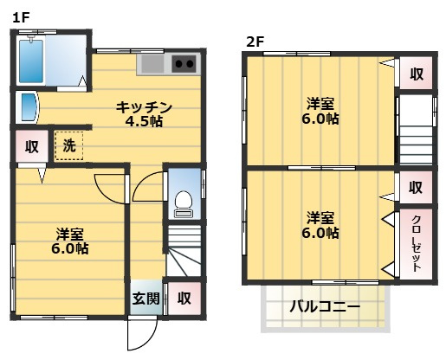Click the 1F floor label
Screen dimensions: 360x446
click(21, 16)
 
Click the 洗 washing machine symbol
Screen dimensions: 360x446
click(68, 145)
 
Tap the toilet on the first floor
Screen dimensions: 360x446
click(182, 204)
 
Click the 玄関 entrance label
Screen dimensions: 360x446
click(145, 299)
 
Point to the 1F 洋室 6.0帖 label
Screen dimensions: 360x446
click(70, 241)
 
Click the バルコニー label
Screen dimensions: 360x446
click(326, 306)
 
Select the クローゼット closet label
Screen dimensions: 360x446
click(416, 242)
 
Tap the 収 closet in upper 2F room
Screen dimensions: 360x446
click(416, 74)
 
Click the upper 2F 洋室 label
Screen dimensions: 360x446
click(320, 112)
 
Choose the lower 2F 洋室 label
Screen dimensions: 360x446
click(320, 224)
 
